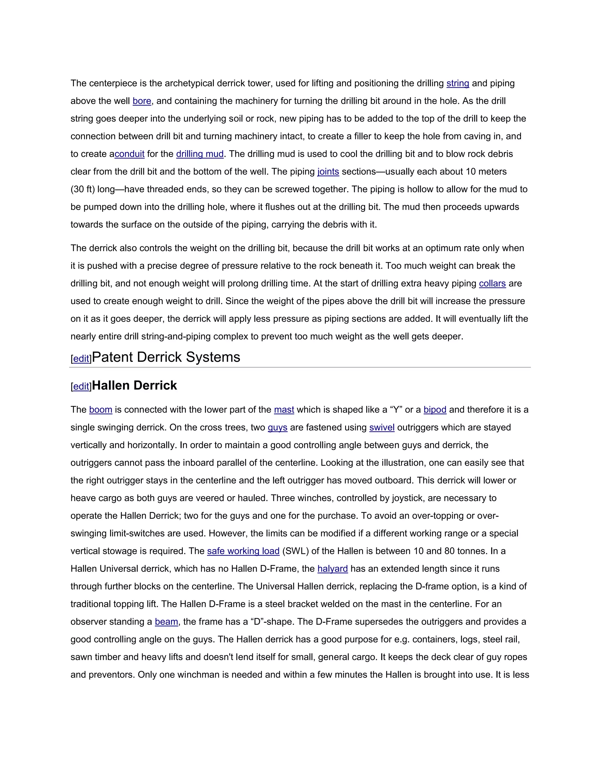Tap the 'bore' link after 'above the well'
coord(142,101)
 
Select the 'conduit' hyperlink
coord(129,154)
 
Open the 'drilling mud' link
coord(200,154)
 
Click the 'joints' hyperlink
coord(328,172)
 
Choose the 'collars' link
coord(492,284)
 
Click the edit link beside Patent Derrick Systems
coord(81,359)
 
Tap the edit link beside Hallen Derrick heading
coord(81,386)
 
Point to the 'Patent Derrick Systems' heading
coord(166,357)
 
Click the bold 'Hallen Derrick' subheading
coord(134,385)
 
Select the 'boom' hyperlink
coord(100,410)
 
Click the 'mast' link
coord(284,410)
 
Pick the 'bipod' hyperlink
coord(435,410)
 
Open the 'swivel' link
coord(382,427)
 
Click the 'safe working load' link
coord(243,551)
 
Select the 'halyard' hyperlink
coord(332,569)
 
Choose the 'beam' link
coord(166,622)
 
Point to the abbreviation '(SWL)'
coord(295,551)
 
